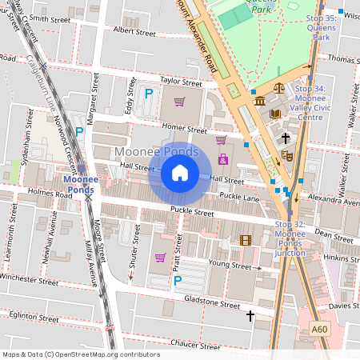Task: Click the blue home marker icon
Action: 180,173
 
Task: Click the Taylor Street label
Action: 181,82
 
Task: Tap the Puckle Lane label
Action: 241,198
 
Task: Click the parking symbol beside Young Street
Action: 178,280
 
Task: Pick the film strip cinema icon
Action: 246,239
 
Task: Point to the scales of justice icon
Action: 279,89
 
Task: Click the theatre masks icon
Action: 287,156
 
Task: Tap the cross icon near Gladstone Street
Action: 250,316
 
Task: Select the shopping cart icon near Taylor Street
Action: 179,102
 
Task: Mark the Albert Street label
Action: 134,33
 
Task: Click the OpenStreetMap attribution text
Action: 80,354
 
